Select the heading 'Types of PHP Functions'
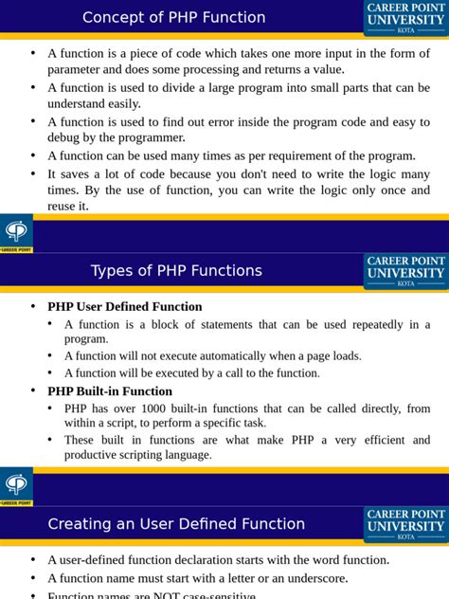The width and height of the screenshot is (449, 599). point(176,271)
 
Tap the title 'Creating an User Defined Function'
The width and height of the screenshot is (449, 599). point(176,524)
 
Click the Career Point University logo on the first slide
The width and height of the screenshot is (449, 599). point(405,17)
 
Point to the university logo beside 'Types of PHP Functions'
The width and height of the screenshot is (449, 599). point(405,271)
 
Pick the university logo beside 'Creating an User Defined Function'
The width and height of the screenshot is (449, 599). point(405,524)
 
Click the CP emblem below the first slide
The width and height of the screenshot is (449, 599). point(16,231)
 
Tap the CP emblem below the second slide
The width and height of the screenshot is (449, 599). point(16,485)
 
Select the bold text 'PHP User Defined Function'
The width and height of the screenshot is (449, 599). point(124,306)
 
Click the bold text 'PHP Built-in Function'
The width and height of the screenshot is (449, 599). point(110,391)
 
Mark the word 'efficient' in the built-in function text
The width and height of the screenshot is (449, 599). point(374,441)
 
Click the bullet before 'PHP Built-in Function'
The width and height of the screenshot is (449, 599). point(33,391)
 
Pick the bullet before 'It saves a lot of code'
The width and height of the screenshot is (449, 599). point(33,174)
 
